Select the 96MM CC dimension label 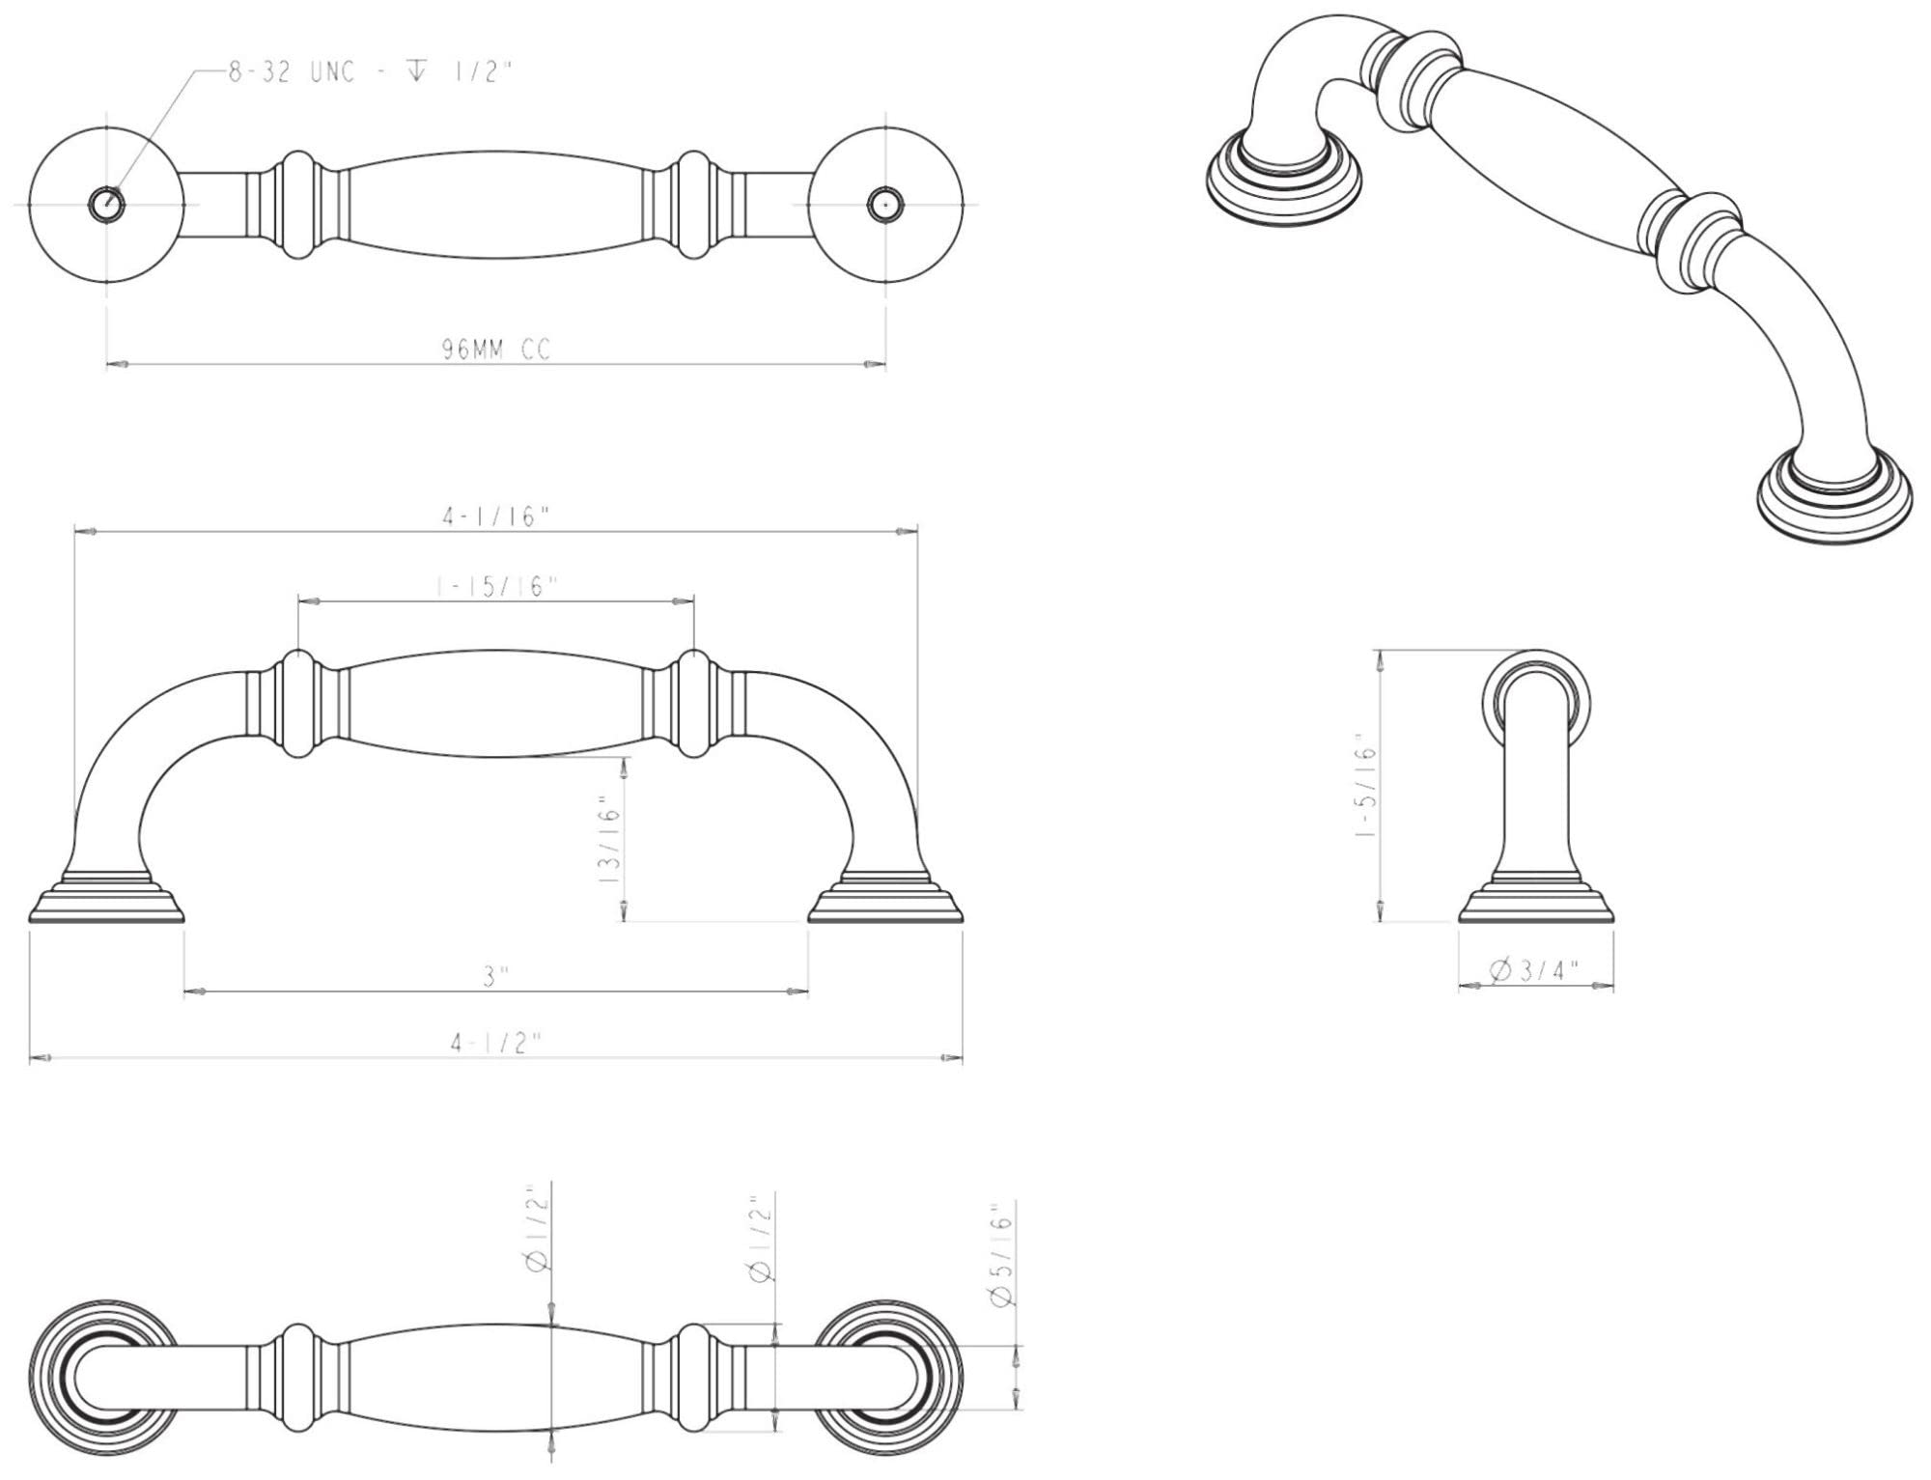click(496, 349)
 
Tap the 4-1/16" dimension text click(495, 517)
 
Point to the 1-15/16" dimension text click(495, 587)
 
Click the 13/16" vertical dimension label click(610, 841)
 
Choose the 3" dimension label click(496, 977)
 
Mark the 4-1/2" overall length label click(495, 1044)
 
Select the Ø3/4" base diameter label click(1535, 970)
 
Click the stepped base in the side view click(1536, 898)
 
